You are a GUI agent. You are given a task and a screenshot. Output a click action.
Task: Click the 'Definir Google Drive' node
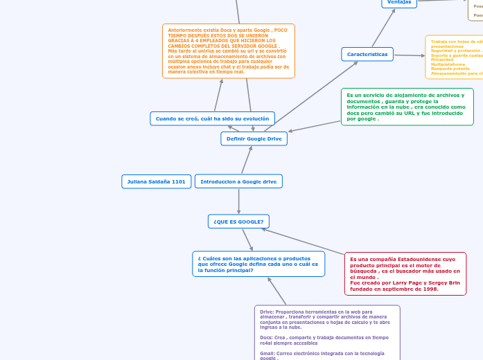coord(254,138)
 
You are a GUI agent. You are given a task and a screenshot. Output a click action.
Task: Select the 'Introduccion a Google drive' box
coord(238,181)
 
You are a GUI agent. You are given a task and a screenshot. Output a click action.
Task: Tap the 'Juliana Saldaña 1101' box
coord(156,181)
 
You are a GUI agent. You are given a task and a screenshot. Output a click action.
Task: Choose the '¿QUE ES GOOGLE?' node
coord(238,222)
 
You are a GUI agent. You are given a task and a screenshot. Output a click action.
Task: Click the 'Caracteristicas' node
coord(367,54)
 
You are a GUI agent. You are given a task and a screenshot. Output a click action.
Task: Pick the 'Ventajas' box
coord(399,2)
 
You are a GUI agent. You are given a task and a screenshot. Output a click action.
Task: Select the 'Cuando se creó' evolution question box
coord(212,118)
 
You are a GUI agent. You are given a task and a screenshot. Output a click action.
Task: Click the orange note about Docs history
coord(228,51)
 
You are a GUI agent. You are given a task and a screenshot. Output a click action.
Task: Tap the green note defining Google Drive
coord(407,107)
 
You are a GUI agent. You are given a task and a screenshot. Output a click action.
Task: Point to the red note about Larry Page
coord(405,273)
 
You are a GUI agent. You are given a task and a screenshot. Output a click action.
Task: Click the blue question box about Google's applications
coord(258,264)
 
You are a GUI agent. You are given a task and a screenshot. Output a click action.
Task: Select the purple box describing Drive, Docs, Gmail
coord(326,332)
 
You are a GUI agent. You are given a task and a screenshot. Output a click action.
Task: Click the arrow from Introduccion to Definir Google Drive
coord(246,160)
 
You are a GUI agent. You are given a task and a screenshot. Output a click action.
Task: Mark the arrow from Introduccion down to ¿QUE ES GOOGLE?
coord(238,201)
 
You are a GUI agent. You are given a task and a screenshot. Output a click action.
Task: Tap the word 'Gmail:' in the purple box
coord(267,353)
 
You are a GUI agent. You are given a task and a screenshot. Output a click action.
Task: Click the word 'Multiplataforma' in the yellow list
coord(448,64)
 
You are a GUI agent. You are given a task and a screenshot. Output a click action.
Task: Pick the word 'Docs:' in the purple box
coord(267,337)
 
